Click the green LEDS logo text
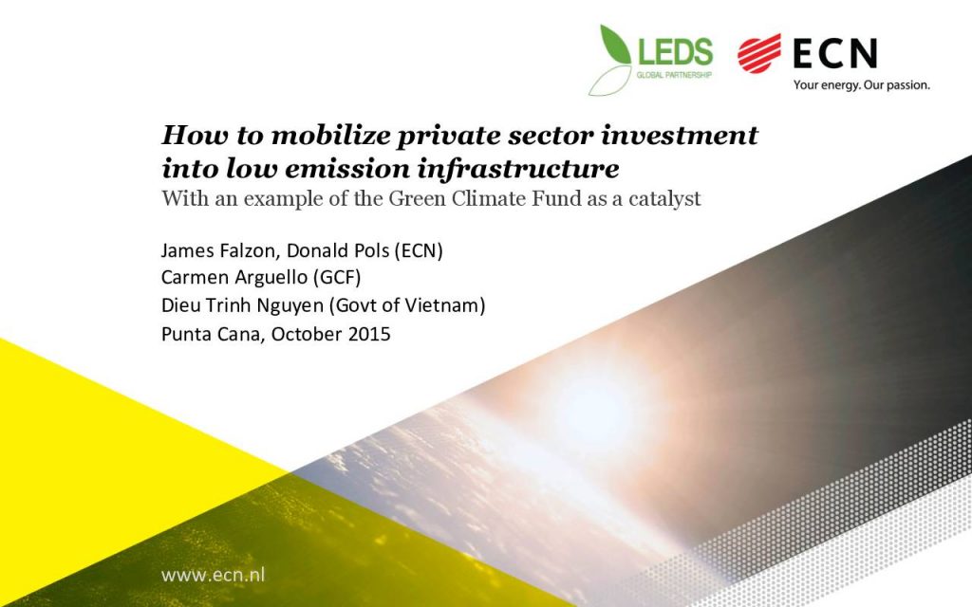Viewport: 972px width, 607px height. (x=675, y=51)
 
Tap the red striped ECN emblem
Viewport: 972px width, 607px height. (x=759, y=53)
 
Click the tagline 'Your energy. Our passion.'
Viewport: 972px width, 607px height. (x=862, y=84)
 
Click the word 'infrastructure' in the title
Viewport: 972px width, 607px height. (x=518, y=169)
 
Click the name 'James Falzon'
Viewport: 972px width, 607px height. (x=217, y=250)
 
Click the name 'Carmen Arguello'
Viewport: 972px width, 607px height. (x=234, y=278)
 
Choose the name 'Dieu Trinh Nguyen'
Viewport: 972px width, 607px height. (x=242, y=305)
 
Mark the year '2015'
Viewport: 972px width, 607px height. (x=369, y=334)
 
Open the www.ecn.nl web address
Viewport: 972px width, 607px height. (x=213, y=576)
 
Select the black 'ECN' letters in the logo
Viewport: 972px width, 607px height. (x=835, y=53)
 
